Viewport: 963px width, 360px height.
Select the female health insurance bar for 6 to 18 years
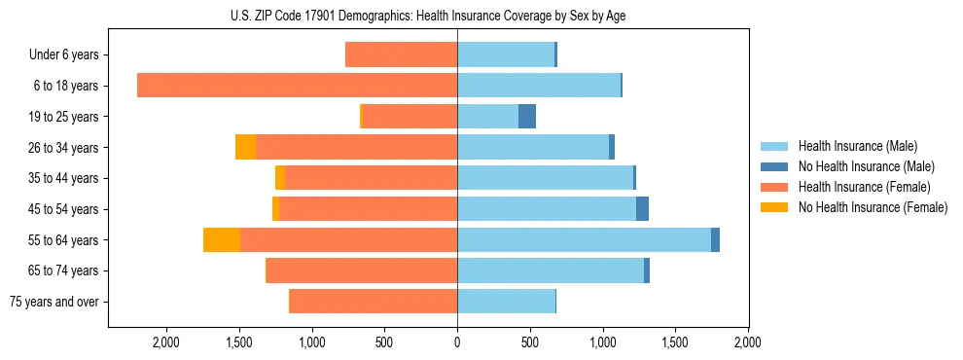tap(297, 86)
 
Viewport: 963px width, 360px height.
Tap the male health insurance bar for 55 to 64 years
tap(584, 240)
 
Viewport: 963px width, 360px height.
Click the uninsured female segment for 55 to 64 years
tap(222, 240)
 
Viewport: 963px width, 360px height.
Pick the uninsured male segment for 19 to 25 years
tap(527, 117)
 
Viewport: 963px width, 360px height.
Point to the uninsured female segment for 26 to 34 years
tap(245, 147)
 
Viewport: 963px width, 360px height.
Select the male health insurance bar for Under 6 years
tap(506, 54)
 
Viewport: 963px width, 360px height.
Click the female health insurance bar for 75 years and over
tap(374, 302)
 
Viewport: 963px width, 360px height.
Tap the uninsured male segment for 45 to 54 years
tap(642, 209)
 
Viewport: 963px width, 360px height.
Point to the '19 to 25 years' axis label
tap(64, 117)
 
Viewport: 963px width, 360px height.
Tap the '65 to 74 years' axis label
tap(64, 270)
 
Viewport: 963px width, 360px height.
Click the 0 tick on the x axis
tap(457, 342)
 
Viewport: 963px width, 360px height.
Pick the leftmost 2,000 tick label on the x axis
tap(166, 342)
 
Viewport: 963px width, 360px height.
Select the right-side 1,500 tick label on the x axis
tap(675, 342)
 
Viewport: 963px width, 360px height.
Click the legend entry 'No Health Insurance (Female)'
tap(873, 207)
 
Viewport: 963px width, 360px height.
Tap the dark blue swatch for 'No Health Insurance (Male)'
tap(774, 166)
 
